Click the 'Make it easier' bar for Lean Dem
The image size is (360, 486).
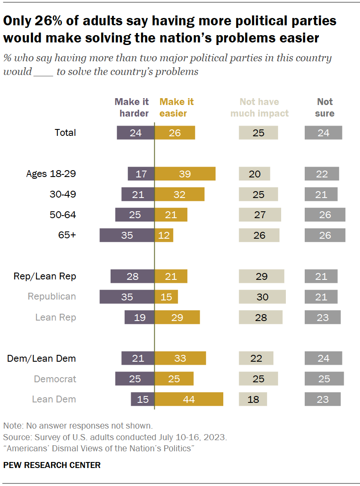click(x=189, y=399)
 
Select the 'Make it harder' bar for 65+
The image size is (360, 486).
click(x=127, y=235)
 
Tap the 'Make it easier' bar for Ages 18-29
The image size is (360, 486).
click(x=185, y=174)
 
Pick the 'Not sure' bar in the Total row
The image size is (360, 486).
click(x=323, y=133)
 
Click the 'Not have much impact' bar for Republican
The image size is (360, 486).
click(x=262, y=297)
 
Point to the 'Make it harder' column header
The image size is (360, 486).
click(x=132, y=108)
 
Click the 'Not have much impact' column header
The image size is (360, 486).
click(x=259, y=108)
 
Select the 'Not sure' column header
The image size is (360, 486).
click(x=324, y=108)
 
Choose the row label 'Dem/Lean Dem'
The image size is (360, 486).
click(x=42, y=358)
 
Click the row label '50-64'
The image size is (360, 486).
click(x=63, y=215)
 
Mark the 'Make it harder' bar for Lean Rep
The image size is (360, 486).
click(x=139, y=317)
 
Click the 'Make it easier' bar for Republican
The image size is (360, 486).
click(x=166, y=297)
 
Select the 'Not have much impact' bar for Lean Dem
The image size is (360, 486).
click(x=253, y=399)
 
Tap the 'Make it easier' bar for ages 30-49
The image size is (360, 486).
click(x=180, y=194)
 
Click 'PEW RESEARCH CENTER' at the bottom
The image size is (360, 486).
click(x=52, y=465)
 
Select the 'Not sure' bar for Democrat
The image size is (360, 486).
click(x=324, y=378)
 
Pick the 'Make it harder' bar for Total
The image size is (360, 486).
click(x=135, y=133)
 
